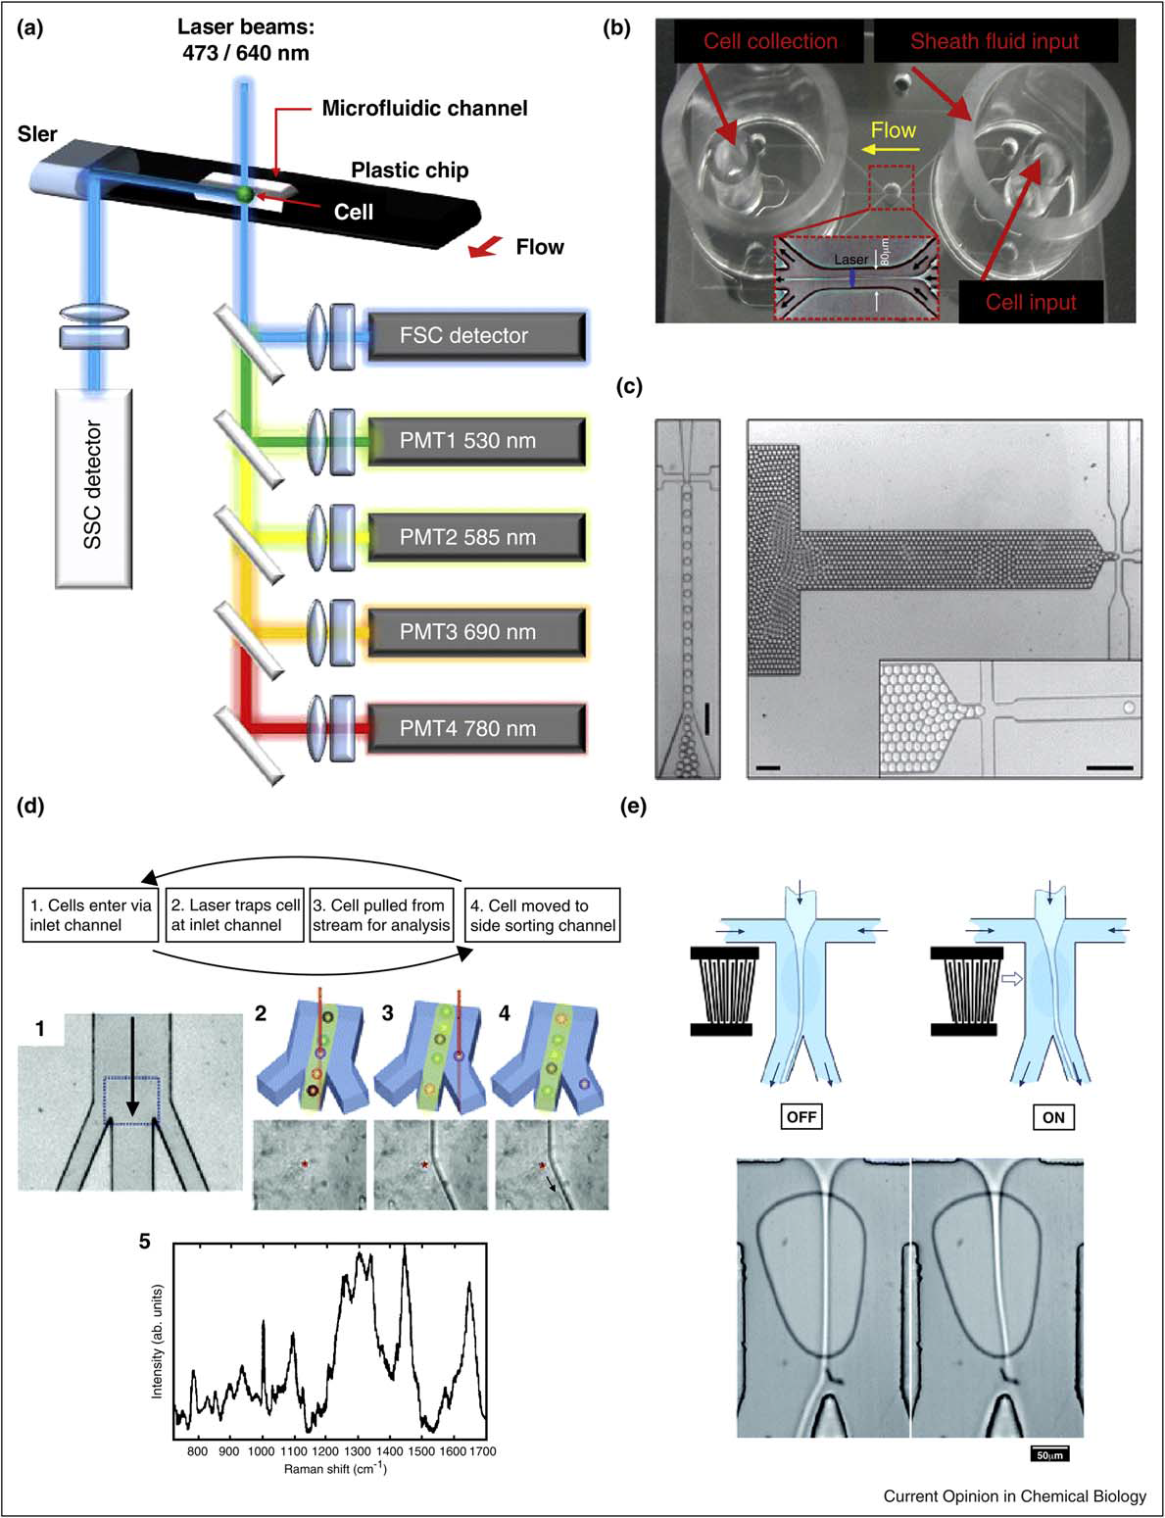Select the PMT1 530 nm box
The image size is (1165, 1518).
(x=476, y=441)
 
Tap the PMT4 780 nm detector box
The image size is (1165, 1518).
(x=476, y=729)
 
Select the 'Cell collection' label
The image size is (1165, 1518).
(x=770, y=41)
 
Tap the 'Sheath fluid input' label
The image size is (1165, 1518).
(x=994, y=41)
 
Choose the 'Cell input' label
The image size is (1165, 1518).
(x=1031, y=301)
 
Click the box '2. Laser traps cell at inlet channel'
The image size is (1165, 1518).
(x=234, y=915)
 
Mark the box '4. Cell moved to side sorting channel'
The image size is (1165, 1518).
(x=543, y=915)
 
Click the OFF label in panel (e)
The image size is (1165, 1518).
(x=801, y=1117)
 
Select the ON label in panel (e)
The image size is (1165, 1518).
(x=1053, y=1117)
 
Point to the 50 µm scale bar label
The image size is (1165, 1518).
(x=1049, y=1454)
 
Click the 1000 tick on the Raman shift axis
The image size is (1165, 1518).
(x=262, y=1451)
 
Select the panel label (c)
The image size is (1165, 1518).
(x=628, y=386)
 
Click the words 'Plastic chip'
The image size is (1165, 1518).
(x=410, y=171)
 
